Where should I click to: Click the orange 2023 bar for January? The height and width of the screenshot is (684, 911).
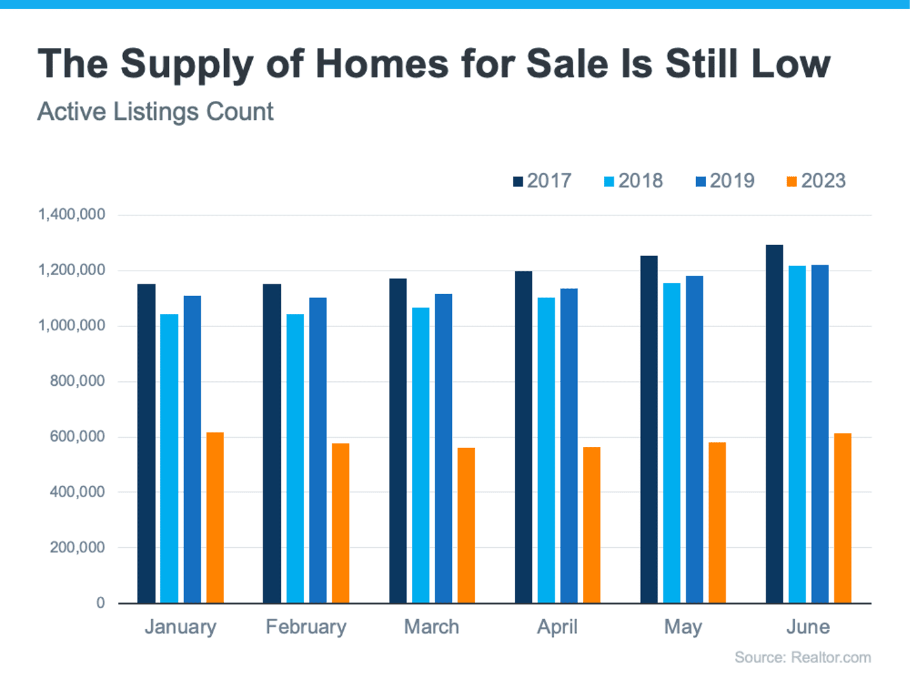point(215,518)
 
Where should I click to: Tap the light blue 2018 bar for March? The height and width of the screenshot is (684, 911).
point(420,455)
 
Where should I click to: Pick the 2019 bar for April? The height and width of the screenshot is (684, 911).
point(568,446)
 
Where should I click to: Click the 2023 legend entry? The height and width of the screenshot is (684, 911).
point(816,181)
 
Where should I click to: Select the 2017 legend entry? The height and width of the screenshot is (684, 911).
point(542,181)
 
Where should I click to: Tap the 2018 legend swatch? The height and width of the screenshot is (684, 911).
point(609,181)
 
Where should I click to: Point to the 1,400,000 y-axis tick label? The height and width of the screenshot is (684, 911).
point(71,214)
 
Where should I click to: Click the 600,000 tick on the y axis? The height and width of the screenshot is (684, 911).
point(77,436)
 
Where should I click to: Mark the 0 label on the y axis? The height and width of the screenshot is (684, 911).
point(100,603)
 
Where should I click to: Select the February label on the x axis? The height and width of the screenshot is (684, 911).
point(306,627)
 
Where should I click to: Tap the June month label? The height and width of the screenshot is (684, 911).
point(808,627)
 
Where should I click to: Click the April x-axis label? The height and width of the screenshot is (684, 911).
point(557,627)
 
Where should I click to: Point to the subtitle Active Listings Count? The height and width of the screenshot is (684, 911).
point(155,111)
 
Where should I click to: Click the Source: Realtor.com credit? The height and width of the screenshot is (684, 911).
point(802,657)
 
